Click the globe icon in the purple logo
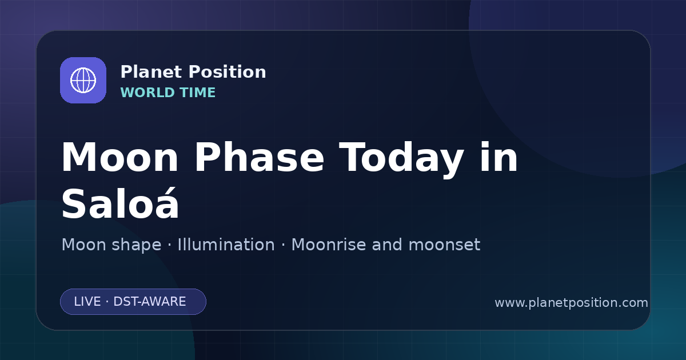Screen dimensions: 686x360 tap(83, 80)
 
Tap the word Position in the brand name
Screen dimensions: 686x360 tap(228, 72)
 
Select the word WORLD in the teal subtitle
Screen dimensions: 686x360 tap(147, 93)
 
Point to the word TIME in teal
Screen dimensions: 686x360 tap(198, 93)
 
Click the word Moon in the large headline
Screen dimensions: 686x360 tap(119, 158)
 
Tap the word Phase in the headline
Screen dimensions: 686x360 tap(259, 158)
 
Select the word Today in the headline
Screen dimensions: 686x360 tap(401, 159)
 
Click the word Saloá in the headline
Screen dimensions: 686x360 tap(120, 203)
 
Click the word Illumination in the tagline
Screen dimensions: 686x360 tap(226, 245)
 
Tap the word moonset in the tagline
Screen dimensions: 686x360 tap(444, 245)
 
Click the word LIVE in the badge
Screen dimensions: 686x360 tap(87, 302)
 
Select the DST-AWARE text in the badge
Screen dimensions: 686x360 tap(150, 302)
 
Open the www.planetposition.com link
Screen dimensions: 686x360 tap(572, 303)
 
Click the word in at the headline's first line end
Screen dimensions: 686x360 tap(498, 158)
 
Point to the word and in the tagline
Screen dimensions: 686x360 tap(387, 245)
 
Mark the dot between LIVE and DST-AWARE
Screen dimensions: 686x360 tap(107, 302)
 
